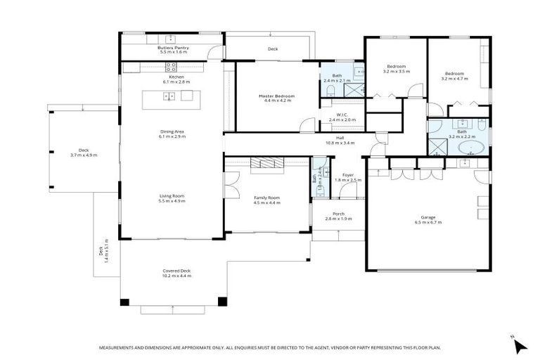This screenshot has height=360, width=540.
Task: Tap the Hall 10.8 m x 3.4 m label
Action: (340, 140)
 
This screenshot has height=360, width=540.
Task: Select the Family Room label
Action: (267, 200)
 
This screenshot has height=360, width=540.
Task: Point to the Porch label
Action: (338, 216)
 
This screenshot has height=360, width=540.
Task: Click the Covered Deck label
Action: (176, 273)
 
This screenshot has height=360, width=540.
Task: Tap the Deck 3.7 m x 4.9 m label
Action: (84, 153)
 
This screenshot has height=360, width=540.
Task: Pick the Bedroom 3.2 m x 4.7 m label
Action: (454, 75)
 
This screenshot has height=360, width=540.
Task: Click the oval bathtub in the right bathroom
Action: (471, 148)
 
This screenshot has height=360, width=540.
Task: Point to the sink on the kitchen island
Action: (169, 96)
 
